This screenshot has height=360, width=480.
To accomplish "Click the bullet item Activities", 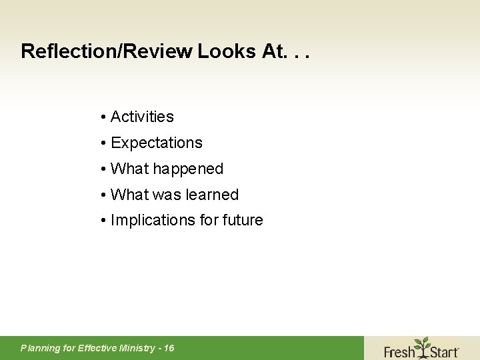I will (x=142, y=117).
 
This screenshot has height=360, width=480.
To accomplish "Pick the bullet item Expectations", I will (x=156, y=143).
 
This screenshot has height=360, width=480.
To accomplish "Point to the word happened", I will (x=188, y=169).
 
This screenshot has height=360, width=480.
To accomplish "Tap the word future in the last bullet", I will (x=242, y=220).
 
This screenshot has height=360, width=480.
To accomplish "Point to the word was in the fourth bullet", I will (x=166, y=195).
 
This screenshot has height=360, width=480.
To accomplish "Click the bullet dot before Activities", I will (x=104, y=117).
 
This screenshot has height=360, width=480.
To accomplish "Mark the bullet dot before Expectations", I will (x=104, y=143).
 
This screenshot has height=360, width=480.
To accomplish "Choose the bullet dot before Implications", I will (x=104, y=221).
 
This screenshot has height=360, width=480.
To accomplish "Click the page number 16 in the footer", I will (x=169, y=348).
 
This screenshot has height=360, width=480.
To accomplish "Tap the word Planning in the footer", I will (x=39, y=348).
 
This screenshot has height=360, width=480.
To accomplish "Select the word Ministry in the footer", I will (x=137, y=348).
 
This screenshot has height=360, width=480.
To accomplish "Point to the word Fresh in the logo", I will (x=399, y=351).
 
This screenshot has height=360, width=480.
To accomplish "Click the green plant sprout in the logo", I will (x=422, y=346).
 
